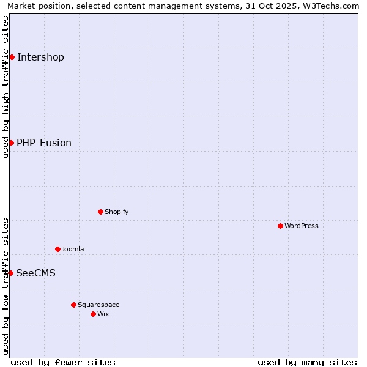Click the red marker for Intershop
[12, 57]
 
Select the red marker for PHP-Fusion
[11, 143]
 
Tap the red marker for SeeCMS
[10, 273]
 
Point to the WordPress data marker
[280, 226]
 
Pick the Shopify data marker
[100, 212]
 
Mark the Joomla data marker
[57, 249]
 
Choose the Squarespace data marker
[73, 305]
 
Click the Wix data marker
[93, 314]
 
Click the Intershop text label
[40, 57]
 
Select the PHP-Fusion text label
[44, 143]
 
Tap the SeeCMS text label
[35, 273]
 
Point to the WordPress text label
[302, 226]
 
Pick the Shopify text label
[116, 212]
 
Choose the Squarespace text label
[98, 305]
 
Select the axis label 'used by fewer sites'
[63, 362]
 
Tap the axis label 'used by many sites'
[307, 362]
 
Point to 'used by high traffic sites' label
[6, 87]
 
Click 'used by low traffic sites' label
[6, 286]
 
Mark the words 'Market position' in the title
[34, 6]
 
